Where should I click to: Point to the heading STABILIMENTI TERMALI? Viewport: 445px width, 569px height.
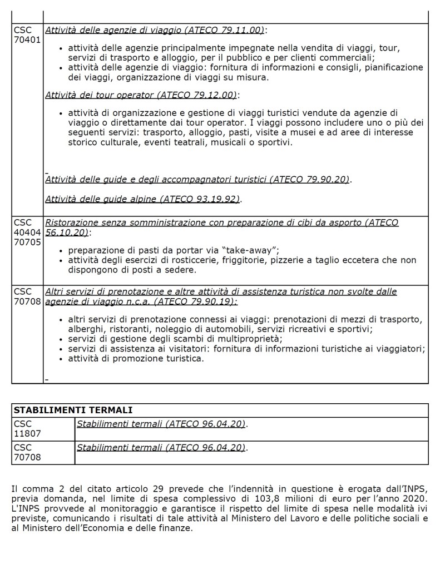pos(73,410)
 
